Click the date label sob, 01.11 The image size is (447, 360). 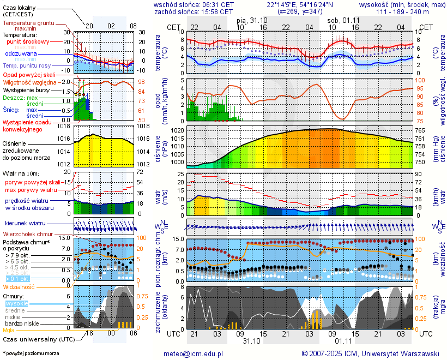click(340, 20)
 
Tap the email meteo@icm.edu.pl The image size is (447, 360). click(194, 353)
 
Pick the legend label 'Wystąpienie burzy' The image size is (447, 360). click(25, 89)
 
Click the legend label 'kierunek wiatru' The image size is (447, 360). click(25, 224)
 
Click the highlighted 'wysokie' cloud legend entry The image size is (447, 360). click(16, 303)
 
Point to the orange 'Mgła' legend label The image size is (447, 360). click(9, 330)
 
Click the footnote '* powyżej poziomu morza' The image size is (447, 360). click(31, 353)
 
